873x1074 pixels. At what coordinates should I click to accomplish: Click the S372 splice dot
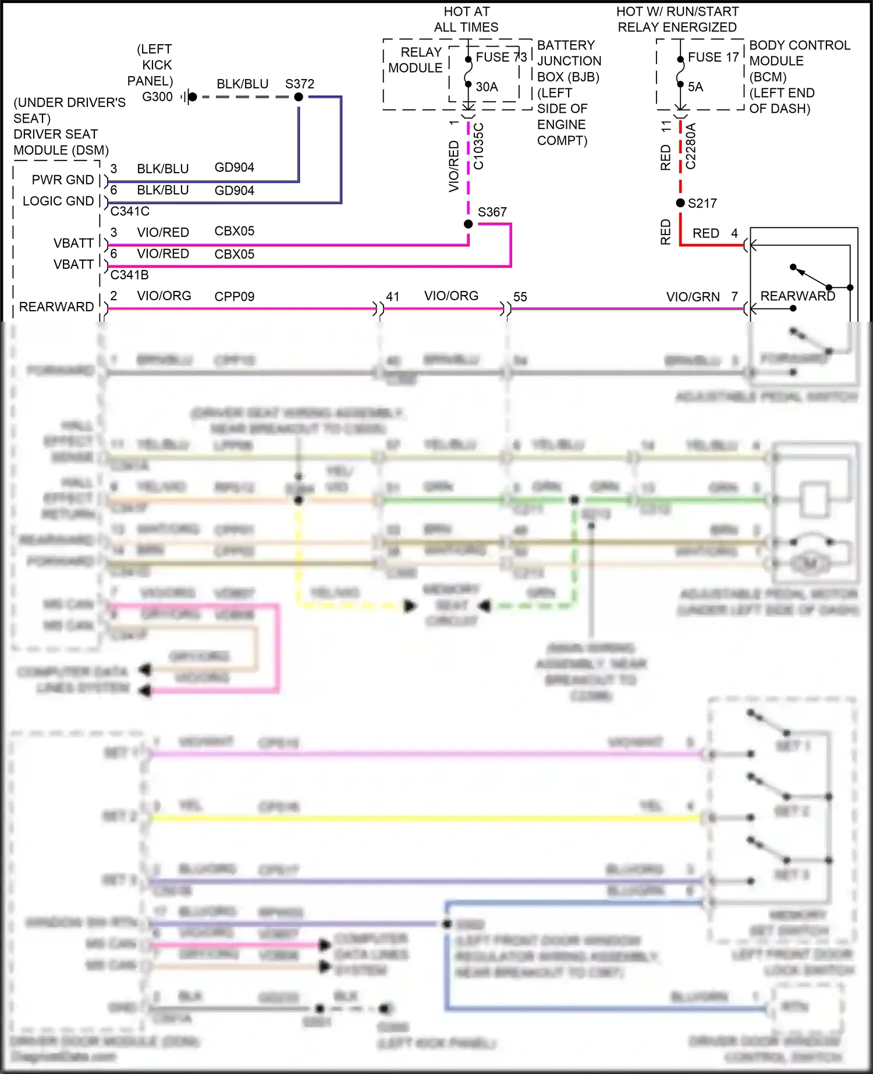299,97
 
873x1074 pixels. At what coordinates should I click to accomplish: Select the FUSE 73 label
501,57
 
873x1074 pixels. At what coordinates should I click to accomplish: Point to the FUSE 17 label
713,57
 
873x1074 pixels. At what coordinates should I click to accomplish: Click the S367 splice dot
469,224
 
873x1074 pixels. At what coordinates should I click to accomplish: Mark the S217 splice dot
680,203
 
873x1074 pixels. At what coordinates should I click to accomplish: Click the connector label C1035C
478,146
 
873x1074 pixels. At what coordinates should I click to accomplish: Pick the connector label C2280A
690,146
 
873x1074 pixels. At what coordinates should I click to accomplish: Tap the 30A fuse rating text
487,87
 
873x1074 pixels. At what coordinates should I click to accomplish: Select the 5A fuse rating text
695,87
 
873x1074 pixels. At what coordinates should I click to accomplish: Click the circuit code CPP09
234,296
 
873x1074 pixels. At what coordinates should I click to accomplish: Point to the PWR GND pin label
62,180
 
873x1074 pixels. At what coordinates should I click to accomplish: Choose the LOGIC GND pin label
58,201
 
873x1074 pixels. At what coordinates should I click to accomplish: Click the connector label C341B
129,275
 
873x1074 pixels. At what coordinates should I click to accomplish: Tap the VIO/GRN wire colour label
693,297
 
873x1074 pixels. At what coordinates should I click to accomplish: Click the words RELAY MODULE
415,60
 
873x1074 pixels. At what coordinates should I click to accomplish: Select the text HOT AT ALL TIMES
466,19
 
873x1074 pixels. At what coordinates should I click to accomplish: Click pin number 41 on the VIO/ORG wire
393,297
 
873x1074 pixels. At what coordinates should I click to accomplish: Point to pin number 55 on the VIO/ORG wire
520,297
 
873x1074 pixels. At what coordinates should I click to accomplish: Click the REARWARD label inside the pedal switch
797,296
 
